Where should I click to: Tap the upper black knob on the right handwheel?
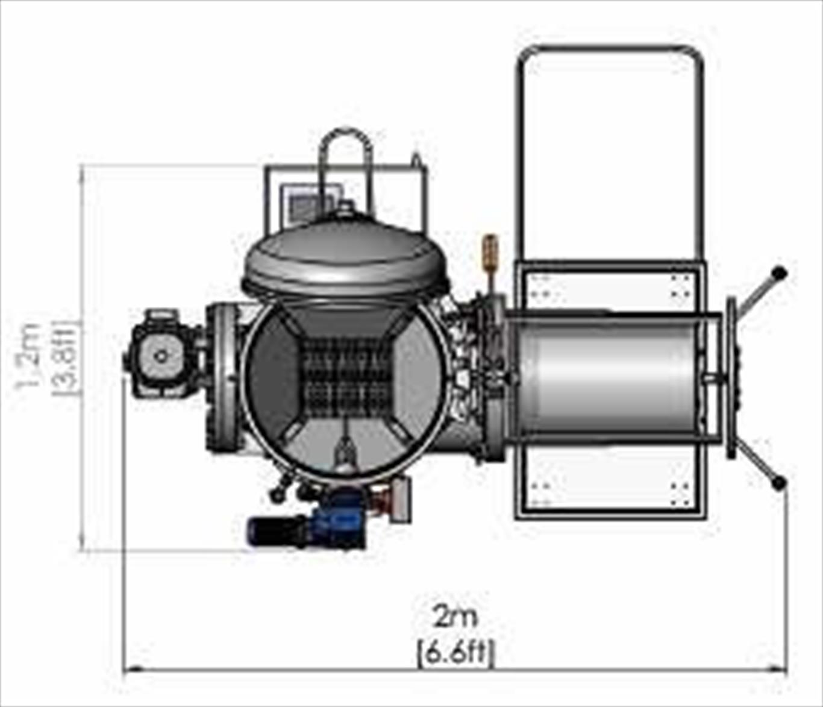click(778, 273)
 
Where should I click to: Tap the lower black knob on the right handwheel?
click(778, 483)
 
